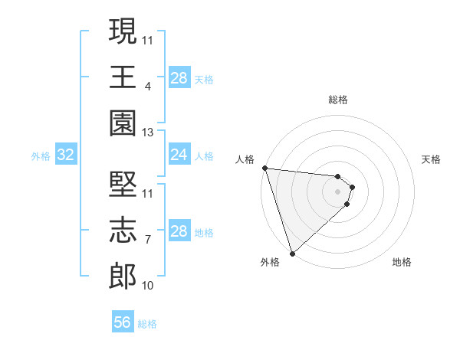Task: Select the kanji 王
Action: pyautogui.click(x=123, y=77)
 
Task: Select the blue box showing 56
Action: pyautogui.click(x=123, y=322)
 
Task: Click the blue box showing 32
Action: pyautogui.click(x=66, y=155)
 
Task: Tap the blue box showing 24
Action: pyautogui.click(x=179, y=155)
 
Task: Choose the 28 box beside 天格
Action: pyautogui.click(x=179, y=77)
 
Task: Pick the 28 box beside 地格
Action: pyautogui.click(x=179, y=231)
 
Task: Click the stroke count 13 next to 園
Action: pyautogui.click(x=147, y=133)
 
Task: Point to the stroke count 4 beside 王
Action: pyautogui.click(x=147, y=86)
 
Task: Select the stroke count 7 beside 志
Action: pyautogui.click(x=147, y=240)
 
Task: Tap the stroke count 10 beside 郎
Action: pyautogui.click(x=147, y=286)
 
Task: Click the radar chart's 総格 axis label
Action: pyautogui.click(x=338, y=100)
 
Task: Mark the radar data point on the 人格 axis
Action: pyautogui.click(x=264, y=168)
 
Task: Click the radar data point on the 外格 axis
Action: pyautogui.click(x=292, y=253)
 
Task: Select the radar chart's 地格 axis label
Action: pyautogui.click(x=402, y=262)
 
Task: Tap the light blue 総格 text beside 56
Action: pyautogui.click(x=147, y=324)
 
